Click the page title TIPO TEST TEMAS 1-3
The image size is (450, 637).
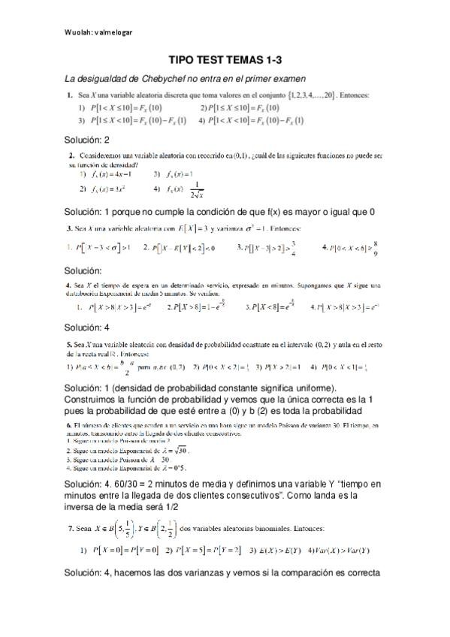coord(225,59)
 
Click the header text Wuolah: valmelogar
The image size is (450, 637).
coord(99,33)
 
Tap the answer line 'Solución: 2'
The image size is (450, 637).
coord(87,140)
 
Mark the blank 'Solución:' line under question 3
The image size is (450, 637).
coord(83,270)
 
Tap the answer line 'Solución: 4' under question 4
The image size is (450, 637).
coord(87,328)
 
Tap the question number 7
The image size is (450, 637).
coord(71,529)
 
